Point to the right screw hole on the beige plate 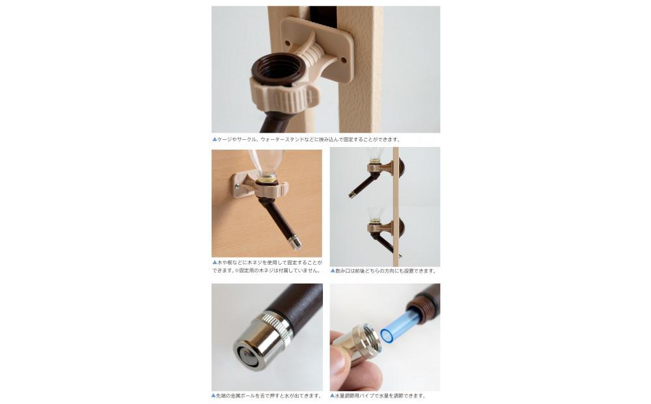coord(343,61)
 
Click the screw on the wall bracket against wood coord(237,186)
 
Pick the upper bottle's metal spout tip coord(352,194)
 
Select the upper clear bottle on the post coord(376,154)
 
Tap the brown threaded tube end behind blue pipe coord(424,302)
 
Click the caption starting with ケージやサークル coord(309,139)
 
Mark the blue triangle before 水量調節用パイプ coord(332,396)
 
